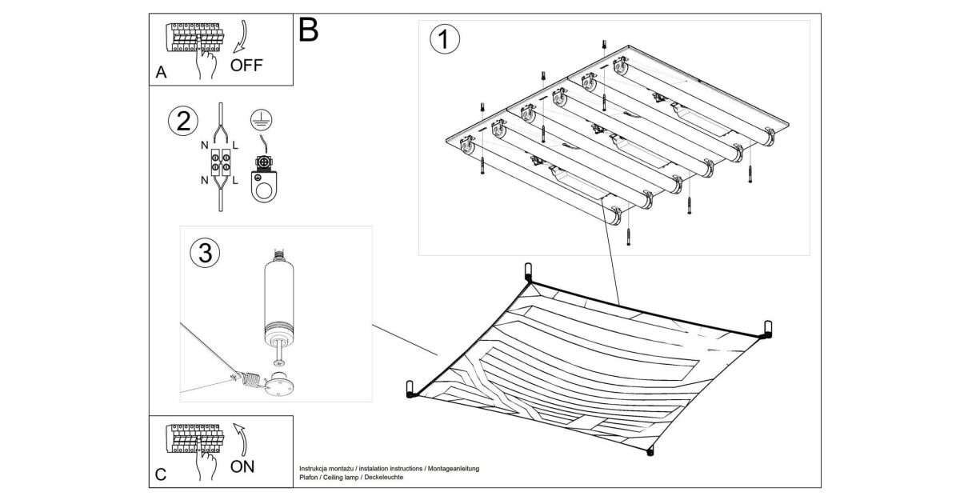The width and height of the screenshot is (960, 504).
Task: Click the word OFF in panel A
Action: tap(246, 65)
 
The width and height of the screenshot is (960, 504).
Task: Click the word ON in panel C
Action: tap(243, 466)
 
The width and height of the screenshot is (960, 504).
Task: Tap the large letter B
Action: tap(308, 30)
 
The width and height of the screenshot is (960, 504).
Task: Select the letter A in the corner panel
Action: tap(161, 73)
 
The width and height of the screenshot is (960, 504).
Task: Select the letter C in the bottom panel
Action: tap(161, 474)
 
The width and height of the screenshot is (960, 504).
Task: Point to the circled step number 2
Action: tap(182, 122)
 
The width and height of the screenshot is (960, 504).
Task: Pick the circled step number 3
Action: tap(204, 254)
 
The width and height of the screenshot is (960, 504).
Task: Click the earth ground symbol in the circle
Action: tap(258, 120)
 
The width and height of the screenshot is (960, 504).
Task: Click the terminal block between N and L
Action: tap(220, 163)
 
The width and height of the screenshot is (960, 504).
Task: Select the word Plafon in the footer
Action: tap(308, 477)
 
